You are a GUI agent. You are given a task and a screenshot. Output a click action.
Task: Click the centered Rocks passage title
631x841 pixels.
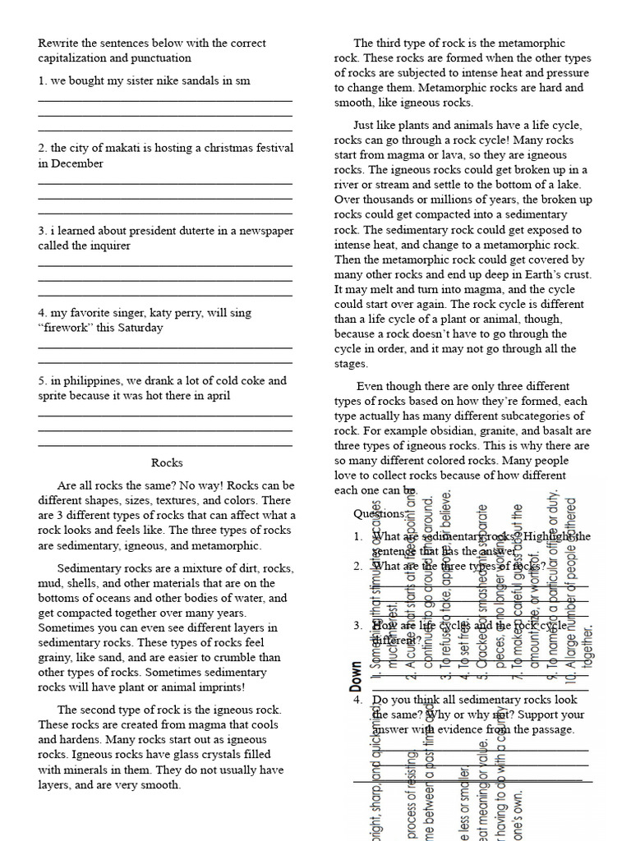[168, 462]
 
